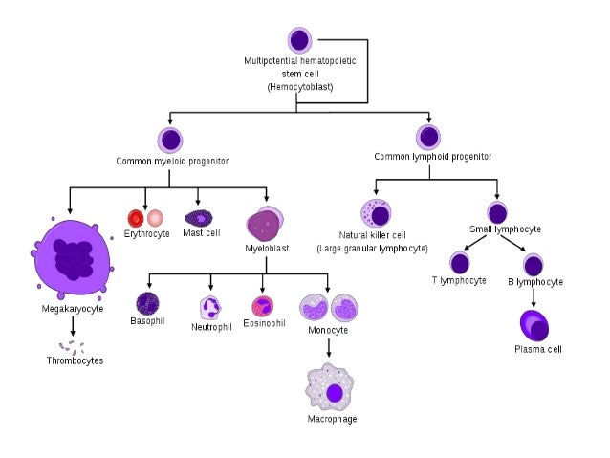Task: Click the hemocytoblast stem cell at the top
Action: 299,40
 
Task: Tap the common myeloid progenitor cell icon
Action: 171,140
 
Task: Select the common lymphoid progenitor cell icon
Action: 429,137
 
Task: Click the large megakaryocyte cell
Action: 70,256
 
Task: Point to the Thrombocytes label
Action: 75,360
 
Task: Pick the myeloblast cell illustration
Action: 265,225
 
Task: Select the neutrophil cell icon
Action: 210,307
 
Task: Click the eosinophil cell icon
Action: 263,306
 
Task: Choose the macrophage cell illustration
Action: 331,391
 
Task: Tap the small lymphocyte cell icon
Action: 497,213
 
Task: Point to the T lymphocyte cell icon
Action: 460,263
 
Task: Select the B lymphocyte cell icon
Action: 534,264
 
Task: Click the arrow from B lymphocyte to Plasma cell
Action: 534,296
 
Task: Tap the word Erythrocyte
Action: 147,233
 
